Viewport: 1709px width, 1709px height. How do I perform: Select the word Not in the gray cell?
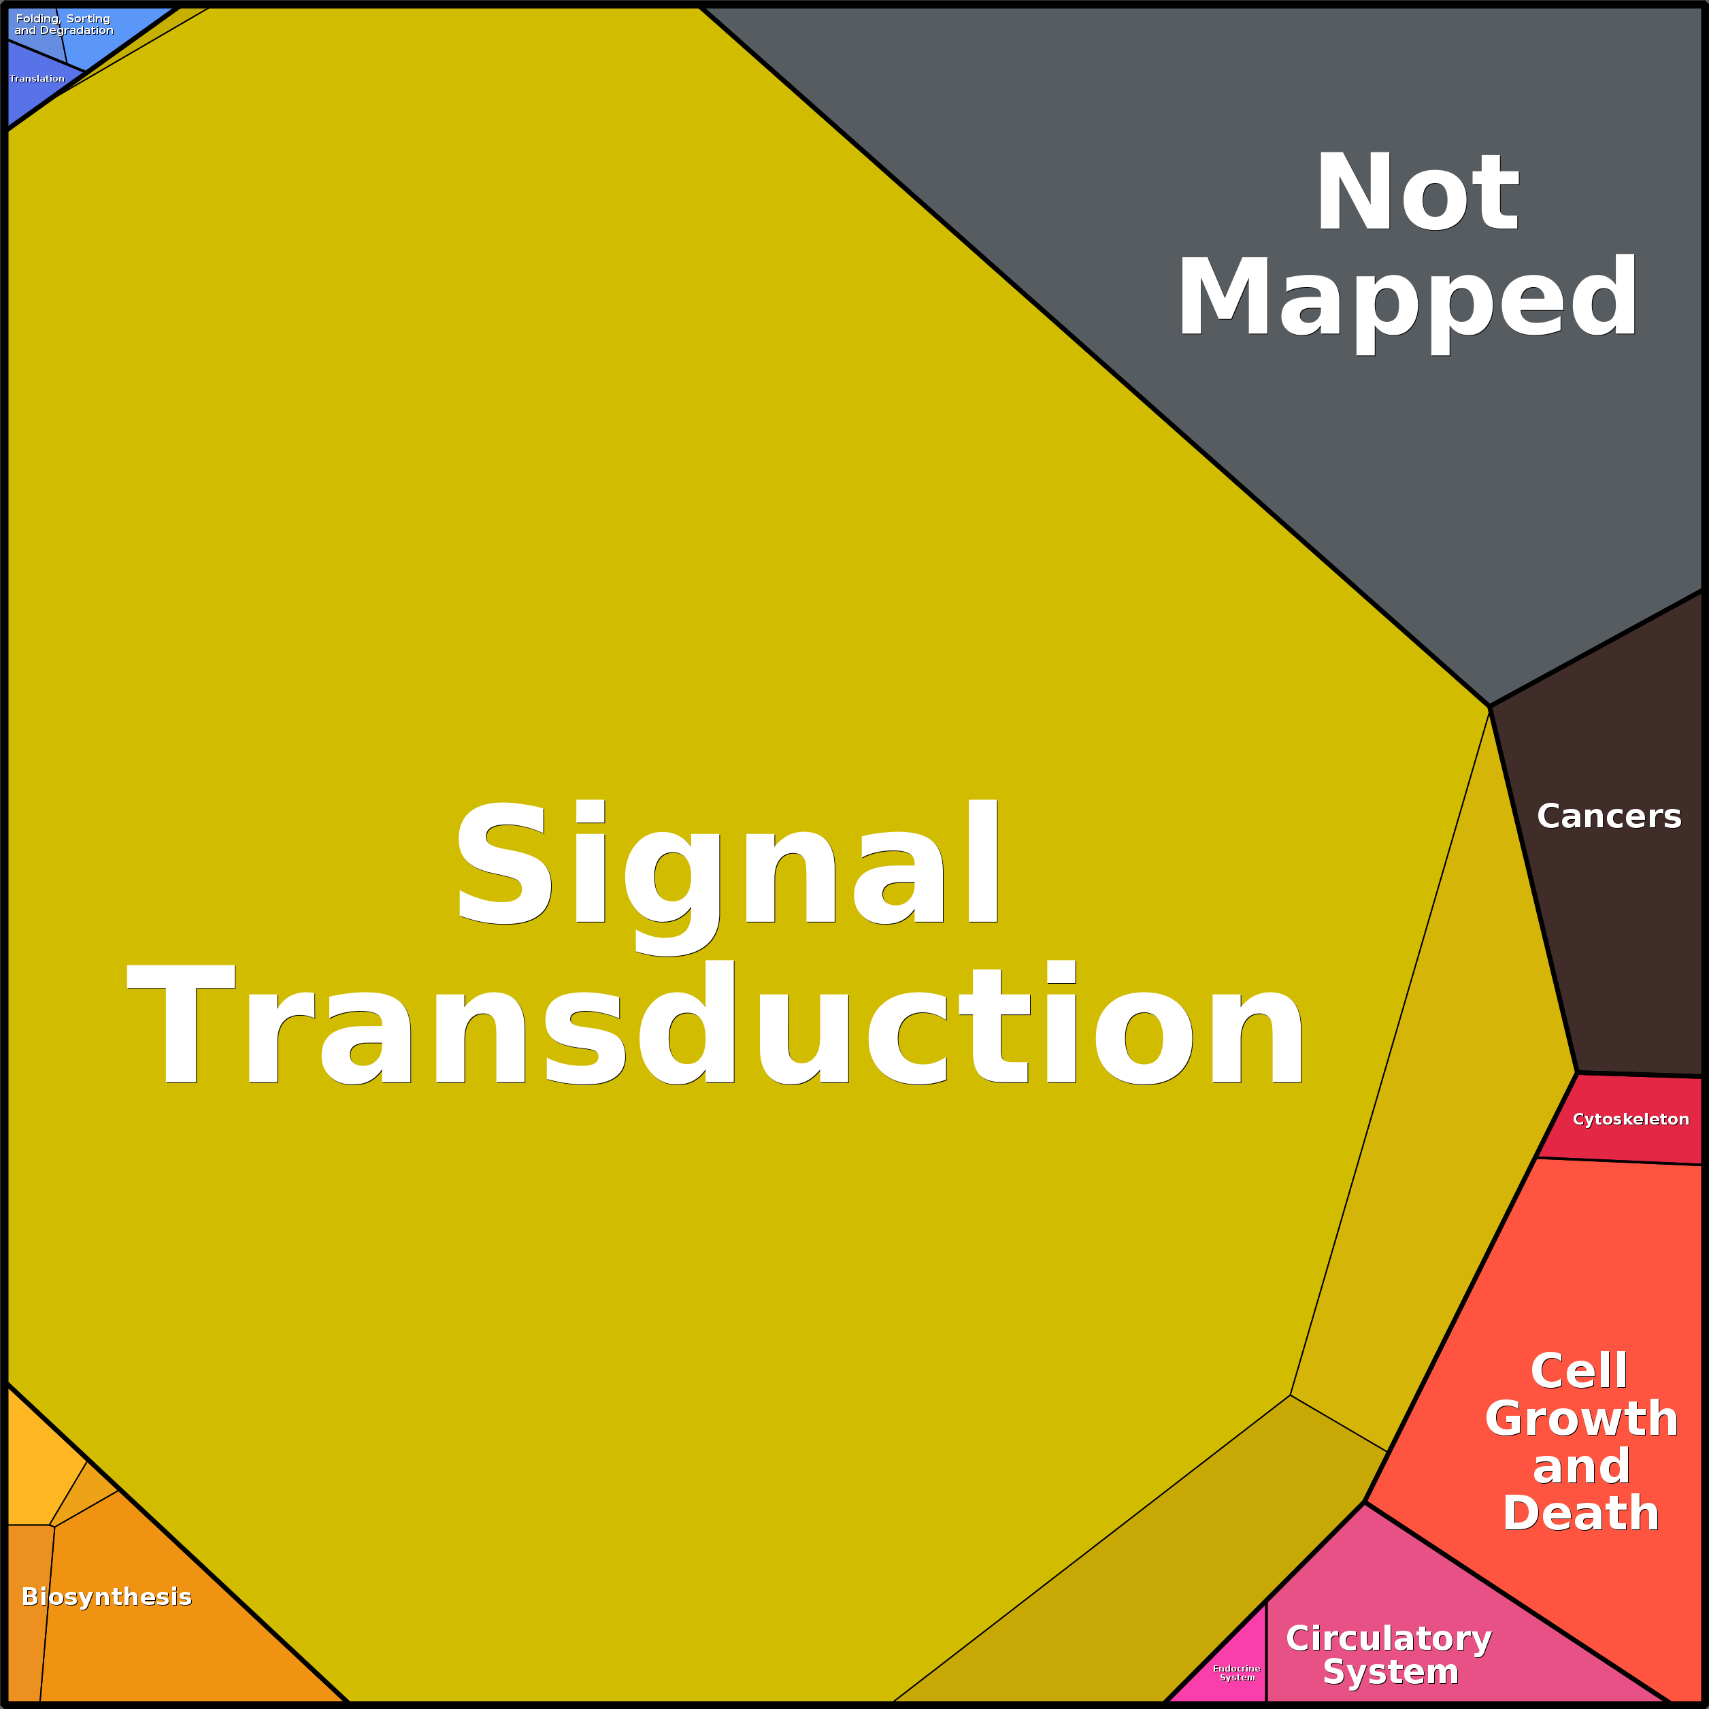click(x=1417, y=191)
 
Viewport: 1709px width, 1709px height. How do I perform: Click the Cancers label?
click(x=1608, y=816)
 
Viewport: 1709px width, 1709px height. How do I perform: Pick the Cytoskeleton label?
click(x=1630, y=1119)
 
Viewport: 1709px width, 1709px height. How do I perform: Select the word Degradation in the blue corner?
click(x=76, y=30)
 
